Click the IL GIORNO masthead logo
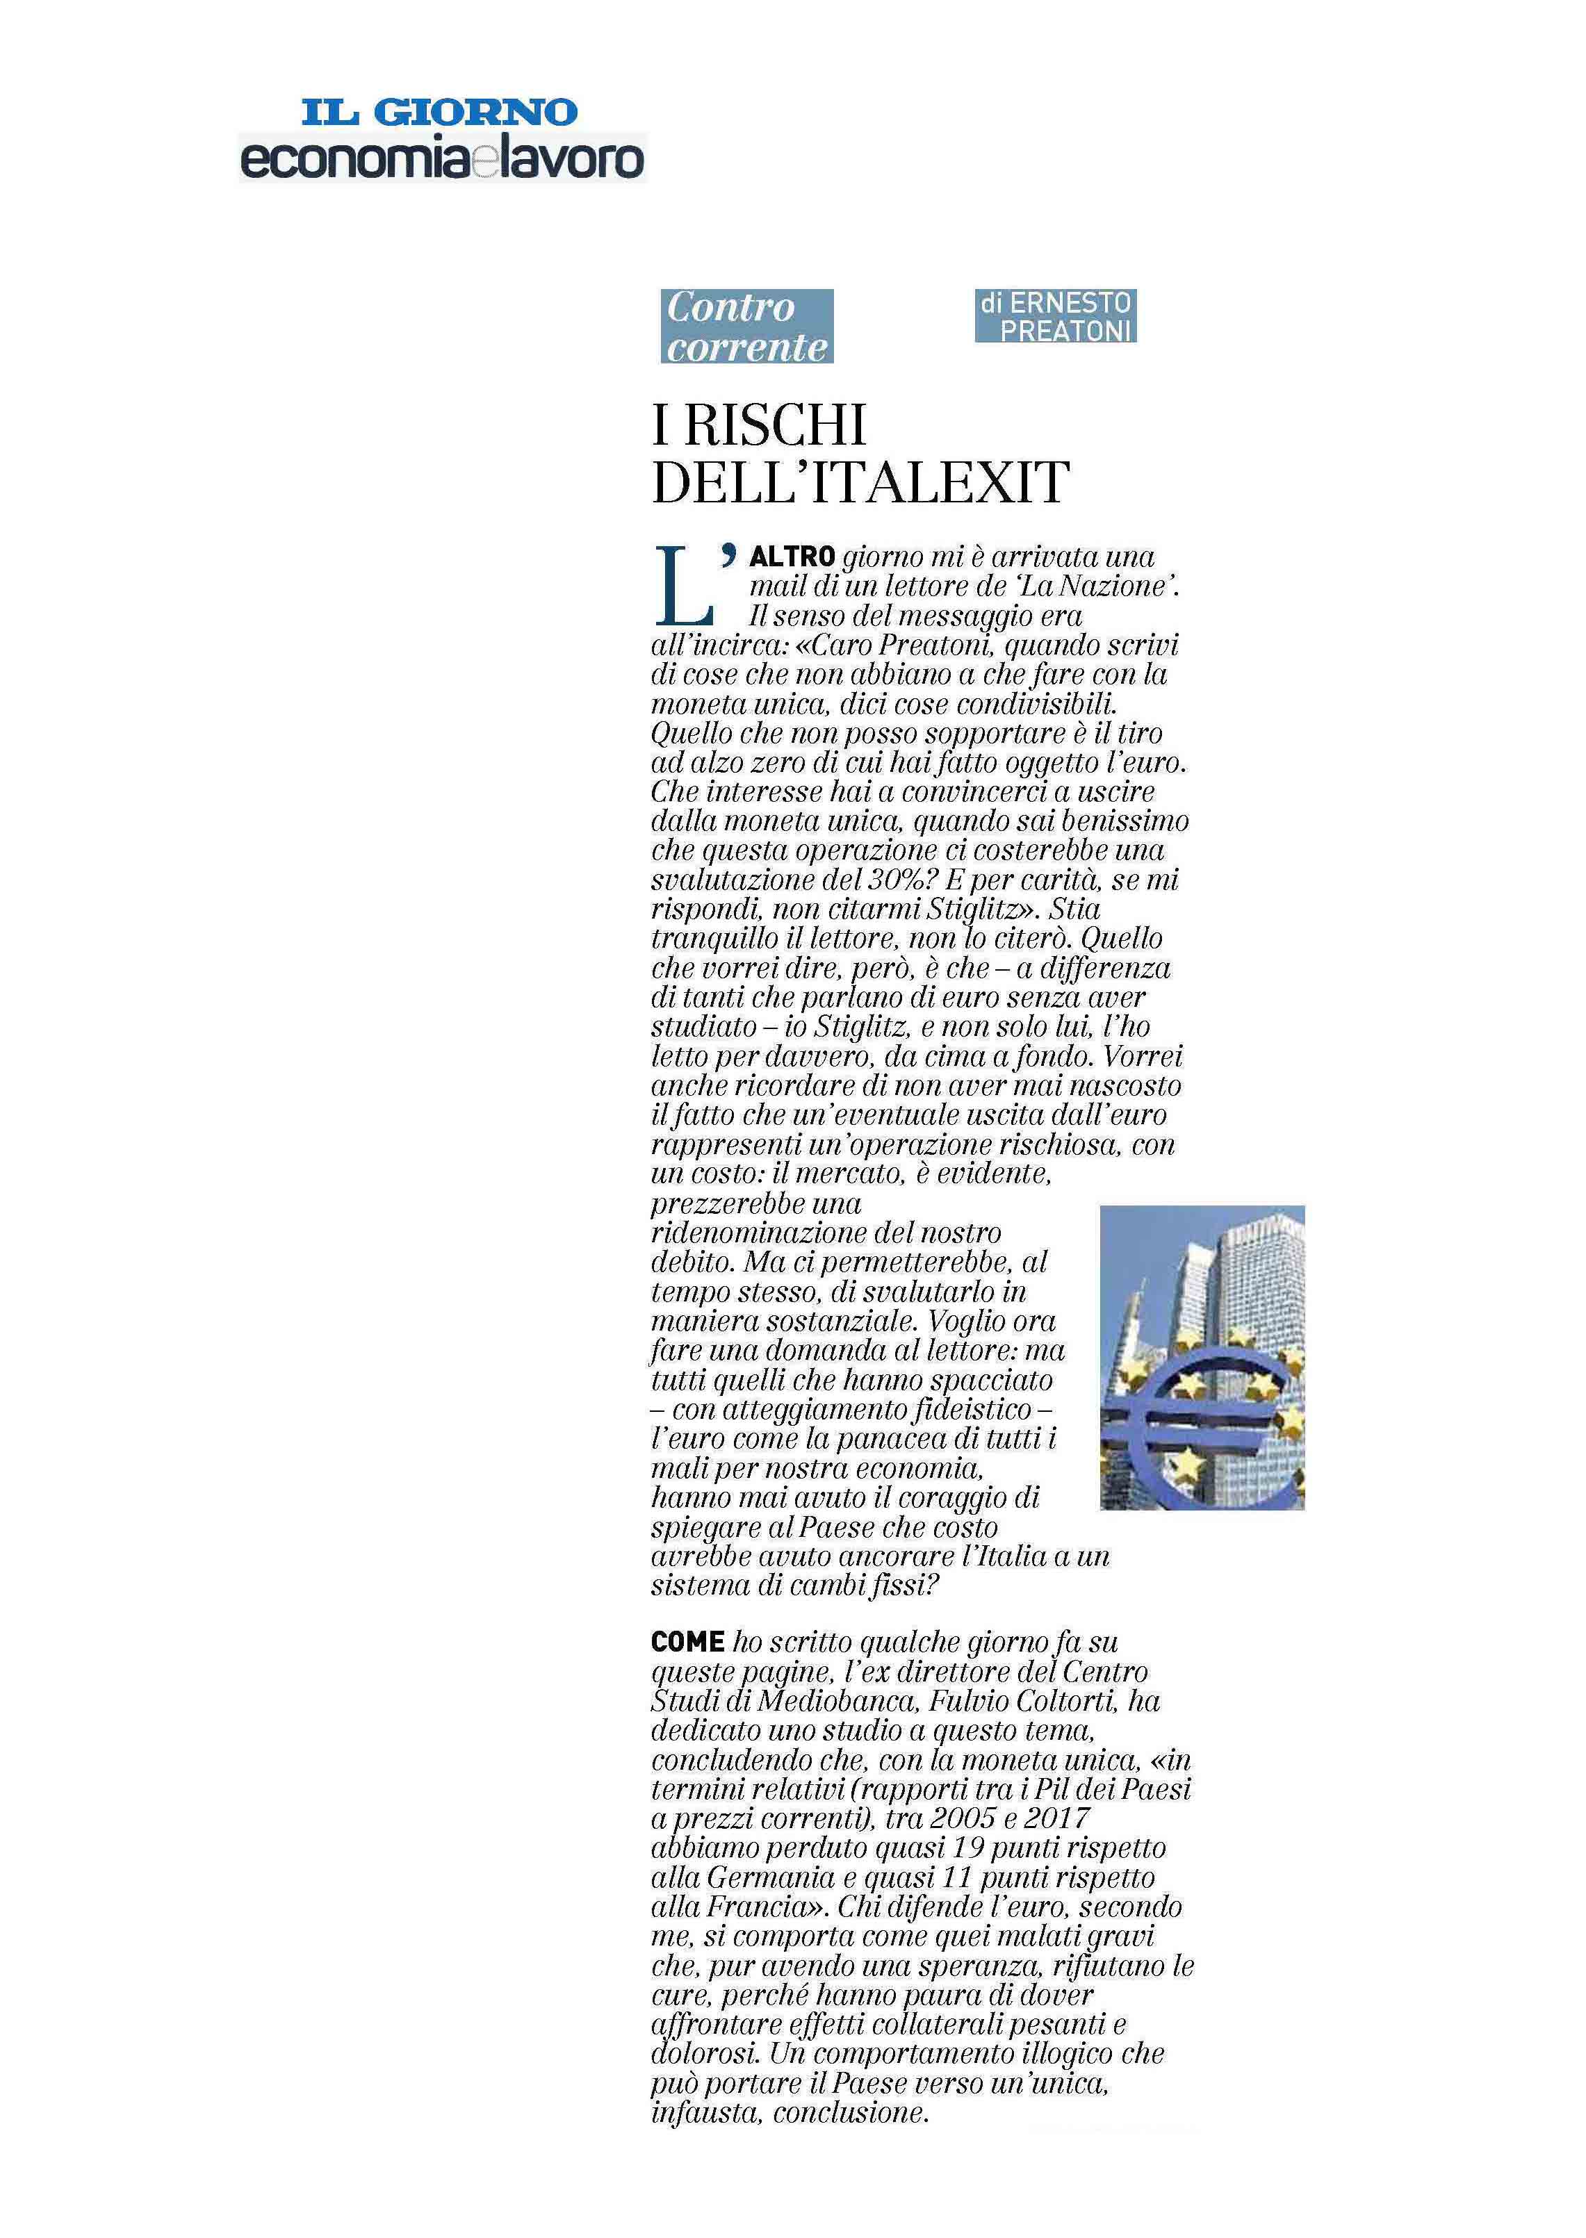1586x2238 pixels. click(439, 111)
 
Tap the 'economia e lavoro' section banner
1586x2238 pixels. click(443, 159)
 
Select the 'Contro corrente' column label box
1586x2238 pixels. click(747, 326)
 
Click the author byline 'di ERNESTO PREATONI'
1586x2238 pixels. click(1055, 316)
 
